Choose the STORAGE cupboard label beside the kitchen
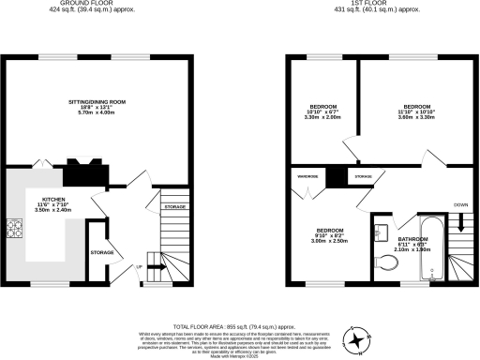click(102, 252)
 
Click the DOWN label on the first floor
click(460, 204)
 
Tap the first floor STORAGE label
click(362, 175)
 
